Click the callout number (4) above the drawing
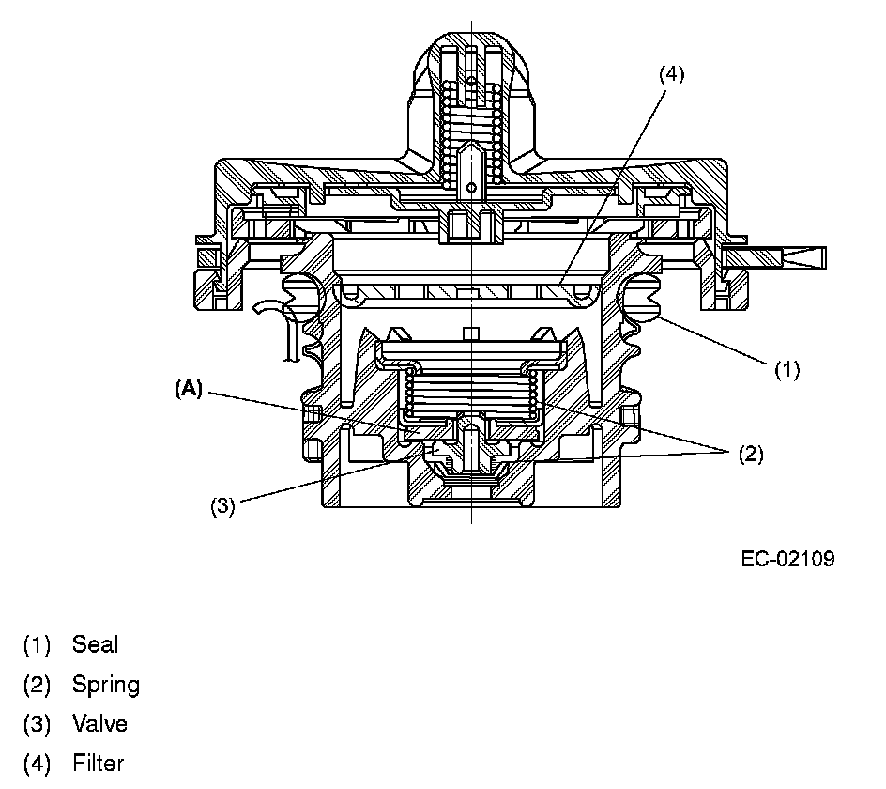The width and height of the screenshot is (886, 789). click(671, 75)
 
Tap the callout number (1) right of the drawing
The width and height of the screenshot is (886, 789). click(787, 369)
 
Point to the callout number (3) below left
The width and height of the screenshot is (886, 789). click(221, 506)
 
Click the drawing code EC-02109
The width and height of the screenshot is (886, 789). click(787, 559)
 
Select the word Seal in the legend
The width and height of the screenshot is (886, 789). click(95, 644)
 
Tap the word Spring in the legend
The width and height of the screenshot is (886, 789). click(105, 685)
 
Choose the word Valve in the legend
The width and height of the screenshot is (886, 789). click(99, 724)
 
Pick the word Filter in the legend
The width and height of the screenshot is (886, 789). click(98, 764)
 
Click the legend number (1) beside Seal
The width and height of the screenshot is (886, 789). click(37, 644)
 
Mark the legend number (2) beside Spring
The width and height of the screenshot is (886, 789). click(37, 685)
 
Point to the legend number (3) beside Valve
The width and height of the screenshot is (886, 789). click(37, 724)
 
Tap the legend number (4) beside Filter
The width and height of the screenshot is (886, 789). click(37, 764)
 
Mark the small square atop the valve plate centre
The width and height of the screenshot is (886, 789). click(471, 333)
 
